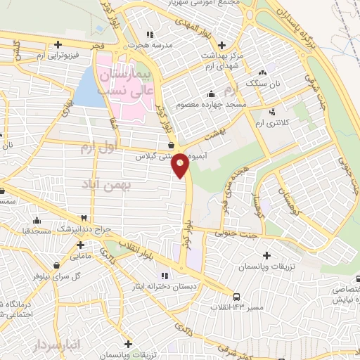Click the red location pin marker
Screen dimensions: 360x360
click(x=181, y=164)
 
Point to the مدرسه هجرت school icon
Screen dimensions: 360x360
click(x=148, y=34)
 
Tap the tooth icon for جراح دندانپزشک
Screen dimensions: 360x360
click(x=84, y=218)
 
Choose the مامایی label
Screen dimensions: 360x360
click(x=81, y=257)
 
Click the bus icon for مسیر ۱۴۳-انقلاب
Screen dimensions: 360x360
click(x=237, y=296)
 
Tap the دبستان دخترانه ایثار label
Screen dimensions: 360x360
click(x=164, y=287)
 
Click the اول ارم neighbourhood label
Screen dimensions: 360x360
click(x=96, y=148)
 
